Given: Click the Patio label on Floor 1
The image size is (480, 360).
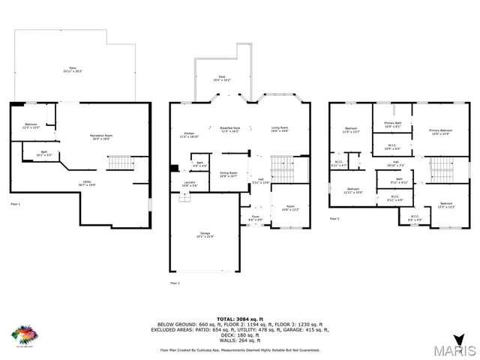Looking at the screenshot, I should tap(73, 70).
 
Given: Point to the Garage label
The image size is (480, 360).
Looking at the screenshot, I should tap(205, 235).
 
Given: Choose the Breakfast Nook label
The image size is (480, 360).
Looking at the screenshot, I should tap(229, 129).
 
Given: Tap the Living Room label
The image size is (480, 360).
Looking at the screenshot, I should tap(279, 129).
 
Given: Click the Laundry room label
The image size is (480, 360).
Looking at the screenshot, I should tap(190, 184).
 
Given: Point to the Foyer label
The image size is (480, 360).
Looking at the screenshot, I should tap(255, 218).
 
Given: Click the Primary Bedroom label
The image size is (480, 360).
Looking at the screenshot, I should tap(440, 131).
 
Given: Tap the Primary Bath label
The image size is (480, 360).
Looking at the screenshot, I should tap(393, 124).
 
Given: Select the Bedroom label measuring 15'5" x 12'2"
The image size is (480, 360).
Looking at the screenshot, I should tap(446, 205).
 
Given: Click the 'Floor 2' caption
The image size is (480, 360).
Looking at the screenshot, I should tap(175, 283).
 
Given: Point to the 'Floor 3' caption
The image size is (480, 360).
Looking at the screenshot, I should tap(334, 219).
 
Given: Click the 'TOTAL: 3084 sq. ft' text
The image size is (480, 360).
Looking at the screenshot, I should tap(239, 318).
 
